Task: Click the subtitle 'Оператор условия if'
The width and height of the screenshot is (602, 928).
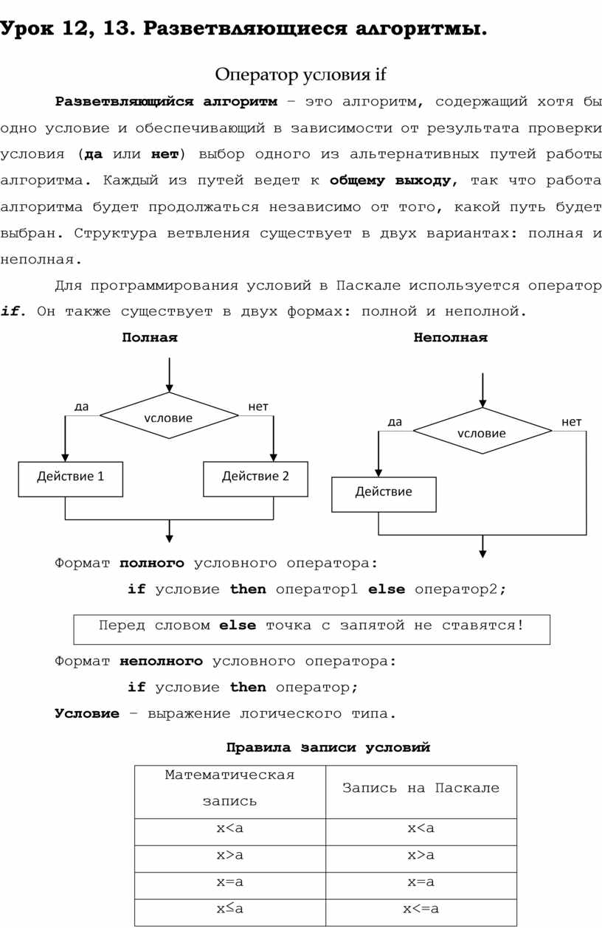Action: pos(300,75)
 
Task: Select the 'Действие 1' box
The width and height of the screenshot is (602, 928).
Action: pos(71,477)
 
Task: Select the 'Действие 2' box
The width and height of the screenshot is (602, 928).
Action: pos(255,477)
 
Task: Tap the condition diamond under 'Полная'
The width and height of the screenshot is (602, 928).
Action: pos(169,417)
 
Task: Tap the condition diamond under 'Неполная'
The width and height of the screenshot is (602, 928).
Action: pos(482,432)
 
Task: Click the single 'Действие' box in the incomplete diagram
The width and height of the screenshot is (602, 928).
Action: pos(384,493)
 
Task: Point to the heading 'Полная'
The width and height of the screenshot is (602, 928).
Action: pos(150,338)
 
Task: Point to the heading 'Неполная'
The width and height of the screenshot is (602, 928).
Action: pos(450,338)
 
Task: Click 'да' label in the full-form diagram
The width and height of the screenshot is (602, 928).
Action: pos(81,406)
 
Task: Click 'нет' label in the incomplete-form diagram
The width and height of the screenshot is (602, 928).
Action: pos(571,422)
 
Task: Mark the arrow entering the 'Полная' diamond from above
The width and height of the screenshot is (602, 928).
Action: pos(170,375)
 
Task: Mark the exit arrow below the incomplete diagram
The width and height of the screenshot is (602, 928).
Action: pos(483,546)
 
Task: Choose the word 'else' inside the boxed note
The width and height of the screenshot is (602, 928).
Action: pos(238,626)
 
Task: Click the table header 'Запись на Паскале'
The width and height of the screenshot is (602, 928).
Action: pos(421,789)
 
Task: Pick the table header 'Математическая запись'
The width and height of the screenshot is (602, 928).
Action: pos(229,788)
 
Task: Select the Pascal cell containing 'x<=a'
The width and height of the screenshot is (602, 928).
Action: pos(421,909)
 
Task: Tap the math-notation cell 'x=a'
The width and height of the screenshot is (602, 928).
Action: pos(229,882)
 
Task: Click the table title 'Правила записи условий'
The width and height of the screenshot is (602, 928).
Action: pos(328,748)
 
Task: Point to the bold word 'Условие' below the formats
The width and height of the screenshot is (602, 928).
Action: pos(87,714)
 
